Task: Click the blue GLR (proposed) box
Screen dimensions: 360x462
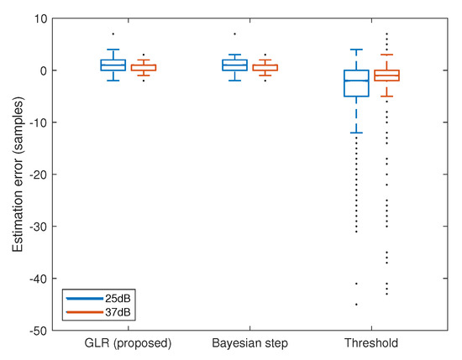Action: (x=113, y=65)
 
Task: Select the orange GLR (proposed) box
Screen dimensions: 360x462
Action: (x=143, y=67)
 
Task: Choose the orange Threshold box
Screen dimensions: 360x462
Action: (x=386, y=76)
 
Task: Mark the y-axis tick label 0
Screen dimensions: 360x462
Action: (x=44, y=70)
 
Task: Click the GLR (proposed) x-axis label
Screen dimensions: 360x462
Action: (x=128, y=343)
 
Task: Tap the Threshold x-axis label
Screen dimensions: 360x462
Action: (x=371, y=343)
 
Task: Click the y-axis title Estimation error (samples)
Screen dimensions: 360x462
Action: (x=16, y=175)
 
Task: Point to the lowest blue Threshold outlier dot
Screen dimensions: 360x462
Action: (x=356, y=305)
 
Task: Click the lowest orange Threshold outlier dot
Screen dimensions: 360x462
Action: (x=386, y=294)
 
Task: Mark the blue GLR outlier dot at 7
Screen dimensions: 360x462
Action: (x=113, y=34)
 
